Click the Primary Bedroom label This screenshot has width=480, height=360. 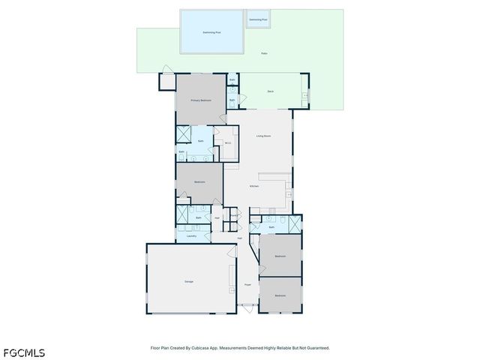point(201,100)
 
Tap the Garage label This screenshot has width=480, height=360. point(189,281)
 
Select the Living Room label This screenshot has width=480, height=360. point(262,136)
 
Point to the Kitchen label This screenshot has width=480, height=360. point(254,186)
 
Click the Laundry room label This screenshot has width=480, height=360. point(191,235)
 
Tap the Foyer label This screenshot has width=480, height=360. point(247,285)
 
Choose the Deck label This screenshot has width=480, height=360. point(270,91)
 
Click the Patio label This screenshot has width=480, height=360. point(264,54)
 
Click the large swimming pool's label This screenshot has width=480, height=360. point(212,33)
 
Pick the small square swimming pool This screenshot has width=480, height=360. point(258,19)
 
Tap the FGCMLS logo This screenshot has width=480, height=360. point(23,352)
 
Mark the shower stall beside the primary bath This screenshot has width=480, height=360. point(184,133)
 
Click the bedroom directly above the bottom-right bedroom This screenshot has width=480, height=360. point(280,256)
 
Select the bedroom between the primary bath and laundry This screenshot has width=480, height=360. point(199,182)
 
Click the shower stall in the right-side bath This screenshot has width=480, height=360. point(295,224)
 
